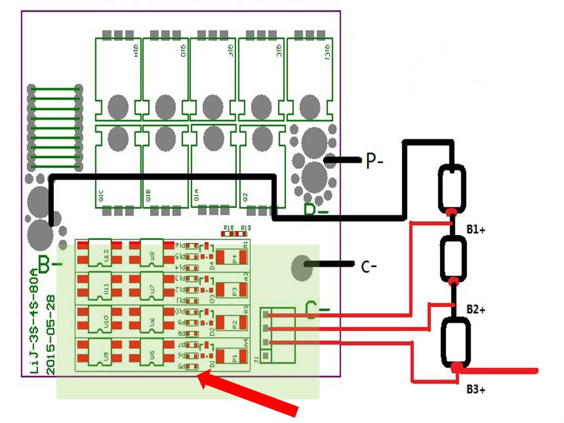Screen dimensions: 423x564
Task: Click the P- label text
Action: pos(374,161)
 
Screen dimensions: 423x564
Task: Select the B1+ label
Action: pos(476,230)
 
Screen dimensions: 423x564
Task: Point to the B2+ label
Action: pos(476,308)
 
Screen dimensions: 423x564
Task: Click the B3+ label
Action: pos(476,389)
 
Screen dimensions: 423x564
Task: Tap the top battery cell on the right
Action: pos(452,187)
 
